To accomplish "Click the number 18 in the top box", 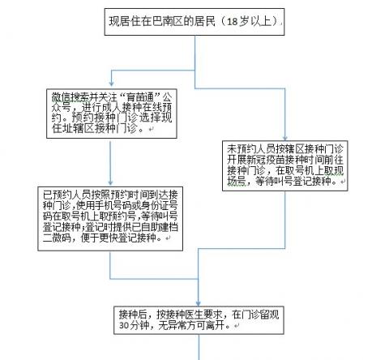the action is click(232, 21).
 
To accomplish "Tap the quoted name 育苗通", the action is click(142, 96).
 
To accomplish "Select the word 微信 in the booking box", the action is click(62, 96).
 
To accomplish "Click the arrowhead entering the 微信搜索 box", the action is click(111, 84).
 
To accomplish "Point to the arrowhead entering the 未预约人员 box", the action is click(284, 138).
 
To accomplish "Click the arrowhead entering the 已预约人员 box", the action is click(110, 182).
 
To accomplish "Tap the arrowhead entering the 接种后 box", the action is click(199, 303).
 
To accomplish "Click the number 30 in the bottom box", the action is click(124, 325).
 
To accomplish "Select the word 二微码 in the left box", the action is click(57, 238).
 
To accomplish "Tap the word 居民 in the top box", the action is click(205, 21).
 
